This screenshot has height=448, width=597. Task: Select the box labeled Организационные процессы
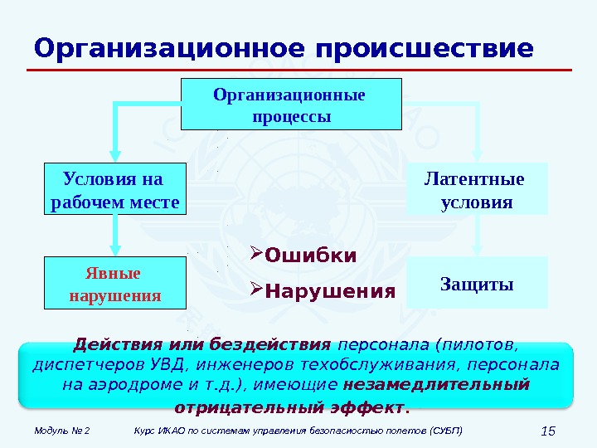[290, 105]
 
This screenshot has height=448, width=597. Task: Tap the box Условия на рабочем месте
[114, 189]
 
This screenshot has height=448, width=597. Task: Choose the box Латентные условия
[477, 189]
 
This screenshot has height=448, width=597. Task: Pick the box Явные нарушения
[114, 283]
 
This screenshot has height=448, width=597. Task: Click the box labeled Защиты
[477, 283]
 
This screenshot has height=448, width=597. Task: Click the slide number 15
[546, 431]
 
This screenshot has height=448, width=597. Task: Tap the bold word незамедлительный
[435, 385]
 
